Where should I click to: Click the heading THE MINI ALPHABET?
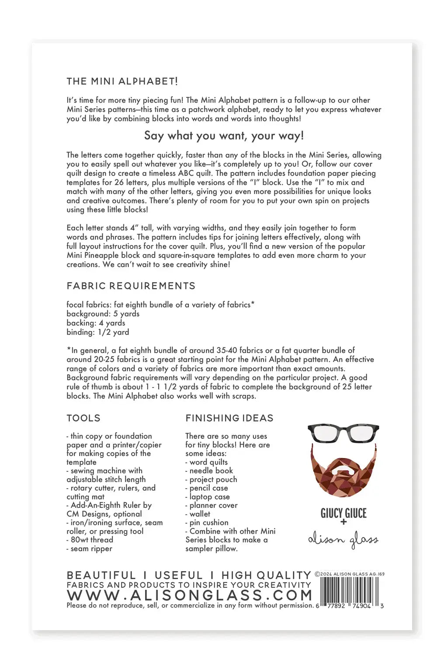[122, 81]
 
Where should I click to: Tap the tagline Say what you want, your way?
[224, 135]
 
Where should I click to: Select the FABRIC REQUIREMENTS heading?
[131, 286]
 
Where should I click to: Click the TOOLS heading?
[83, 418]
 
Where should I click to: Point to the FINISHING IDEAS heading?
[229, 418]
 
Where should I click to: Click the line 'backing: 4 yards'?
[96, 323]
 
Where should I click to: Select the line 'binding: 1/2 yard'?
[98, 332]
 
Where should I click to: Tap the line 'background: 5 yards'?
[103, 314]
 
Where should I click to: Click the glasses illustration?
[343, 434]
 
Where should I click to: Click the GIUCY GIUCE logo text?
[343, 513]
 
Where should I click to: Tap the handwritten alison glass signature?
[343, 540]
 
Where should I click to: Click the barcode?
[350, 591]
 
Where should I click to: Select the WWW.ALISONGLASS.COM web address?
[190, 595]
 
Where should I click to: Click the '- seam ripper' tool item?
[90, 549]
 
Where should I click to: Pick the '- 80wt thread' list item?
[90, 540]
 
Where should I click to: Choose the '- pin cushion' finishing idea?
[207, 523]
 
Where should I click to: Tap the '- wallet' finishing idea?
[198, 514]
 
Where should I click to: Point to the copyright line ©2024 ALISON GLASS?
[350, 574]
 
